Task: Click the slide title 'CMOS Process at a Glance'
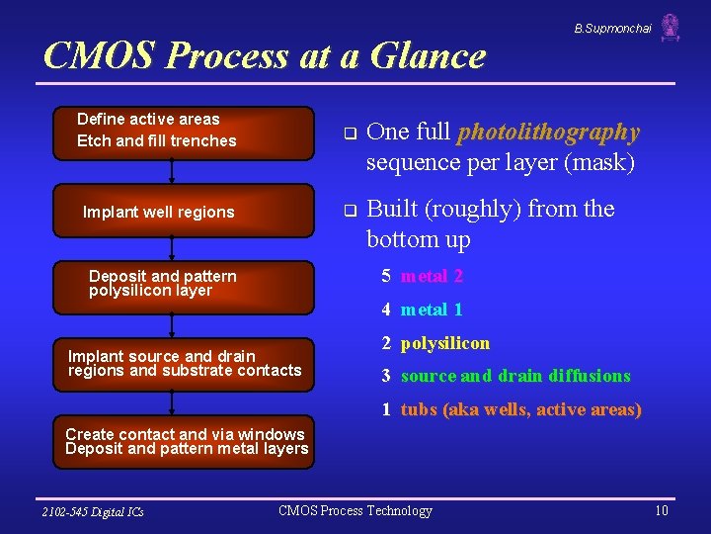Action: (x=265, y=55)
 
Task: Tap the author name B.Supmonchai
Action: (x=612, y=29)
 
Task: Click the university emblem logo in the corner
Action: (x=671, y=27)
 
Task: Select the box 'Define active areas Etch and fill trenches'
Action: (x=183, y=131)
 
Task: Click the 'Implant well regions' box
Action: (x=183, y=212)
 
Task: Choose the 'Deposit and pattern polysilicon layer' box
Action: (x=183, y=284)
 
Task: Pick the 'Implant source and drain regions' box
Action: (x=184, y=364)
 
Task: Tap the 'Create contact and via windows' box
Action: (x=187, y=442)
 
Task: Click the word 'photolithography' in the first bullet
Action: (x=549, y=132)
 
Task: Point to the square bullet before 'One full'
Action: (x=348, y=133)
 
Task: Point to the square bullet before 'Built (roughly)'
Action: (x=348, y=211)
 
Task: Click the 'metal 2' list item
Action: (x=432, y=276)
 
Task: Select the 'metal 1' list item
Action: (x=432, y=310)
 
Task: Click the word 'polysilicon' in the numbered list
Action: (x=444, y=343)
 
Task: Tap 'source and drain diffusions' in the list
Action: (x=514, y=376)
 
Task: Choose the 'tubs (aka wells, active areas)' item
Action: (x=520, y=409)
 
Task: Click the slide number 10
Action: (x=661, y=510)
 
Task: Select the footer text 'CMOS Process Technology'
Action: (x=355, y=510)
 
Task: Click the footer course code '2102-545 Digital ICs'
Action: (x=93, y=511)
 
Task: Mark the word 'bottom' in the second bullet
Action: (x=403, y=239)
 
